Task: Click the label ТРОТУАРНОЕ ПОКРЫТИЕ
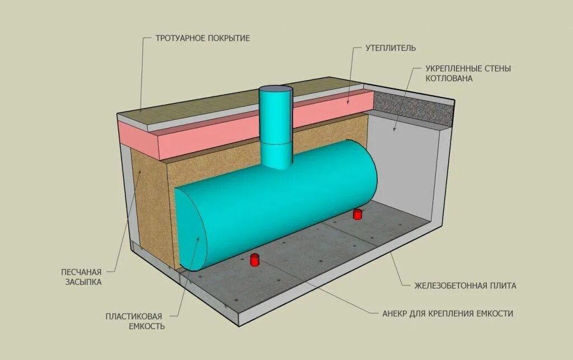coord(203,38)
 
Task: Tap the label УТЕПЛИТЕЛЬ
coord(391,48)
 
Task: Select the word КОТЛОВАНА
coord(449,78)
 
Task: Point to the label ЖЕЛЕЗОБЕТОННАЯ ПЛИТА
coord(465,286)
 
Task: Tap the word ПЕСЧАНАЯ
coord(82,272)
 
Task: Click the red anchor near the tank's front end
coord(255,260)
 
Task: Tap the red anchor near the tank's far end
coord(357,214)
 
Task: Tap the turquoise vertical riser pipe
coord(275,129)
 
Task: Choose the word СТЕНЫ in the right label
coord(498,68)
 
